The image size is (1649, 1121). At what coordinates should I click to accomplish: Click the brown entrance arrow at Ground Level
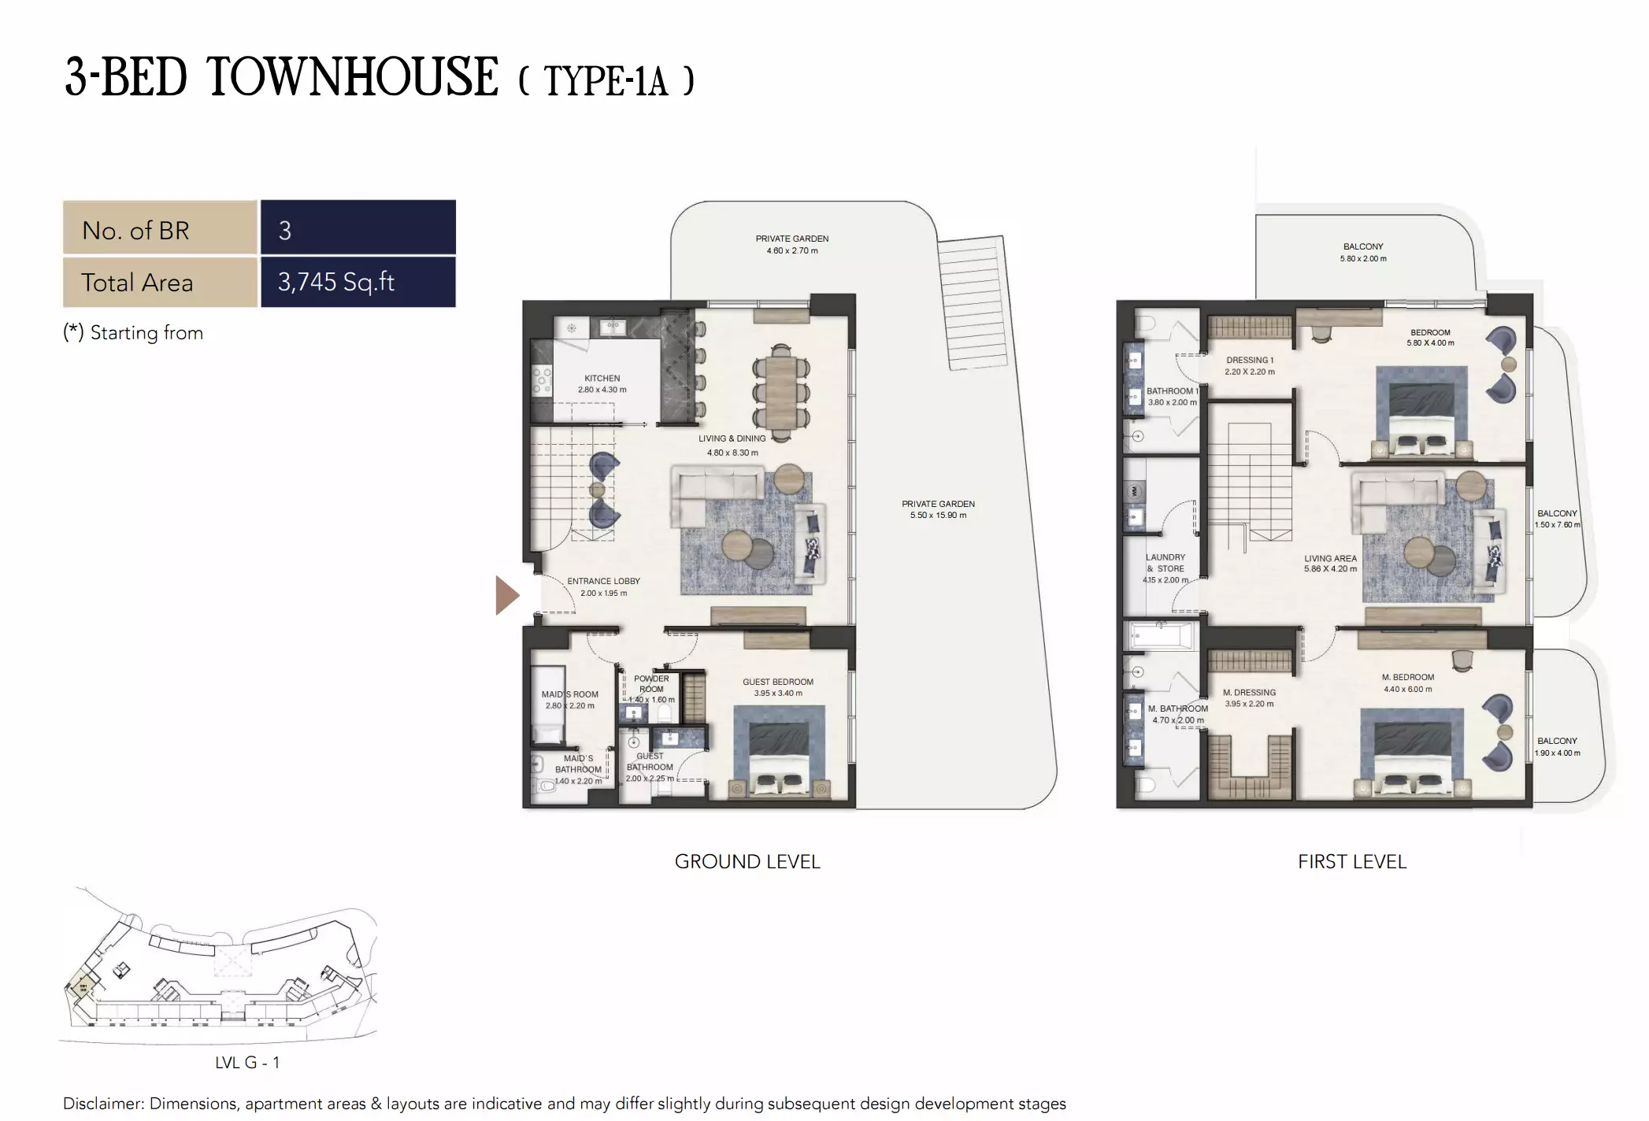point(506,594)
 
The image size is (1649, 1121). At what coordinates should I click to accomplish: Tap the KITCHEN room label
point(602,379)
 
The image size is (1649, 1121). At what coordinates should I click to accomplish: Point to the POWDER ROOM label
point(651,683)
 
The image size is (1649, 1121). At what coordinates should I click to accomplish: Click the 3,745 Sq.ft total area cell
point(358,282)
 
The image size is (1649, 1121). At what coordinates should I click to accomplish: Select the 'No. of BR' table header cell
point(160,230)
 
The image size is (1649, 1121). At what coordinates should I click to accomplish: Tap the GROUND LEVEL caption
point(747,861)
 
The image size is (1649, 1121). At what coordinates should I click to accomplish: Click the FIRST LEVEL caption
point(1351,861)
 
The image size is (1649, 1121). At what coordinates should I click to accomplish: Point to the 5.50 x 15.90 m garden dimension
point(938,516)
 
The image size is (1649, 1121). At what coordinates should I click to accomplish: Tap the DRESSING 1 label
point(1249,360)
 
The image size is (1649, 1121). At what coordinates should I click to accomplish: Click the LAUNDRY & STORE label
point(1165,562)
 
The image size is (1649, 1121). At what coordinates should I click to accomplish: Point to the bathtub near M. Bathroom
point(1160,636)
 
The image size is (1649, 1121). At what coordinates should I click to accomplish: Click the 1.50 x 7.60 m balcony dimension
point(1556,525)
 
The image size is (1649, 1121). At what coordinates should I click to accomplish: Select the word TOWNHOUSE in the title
point(352,78)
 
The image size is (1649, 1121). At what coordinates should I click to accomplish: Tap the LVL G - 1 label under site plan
point(247,1062)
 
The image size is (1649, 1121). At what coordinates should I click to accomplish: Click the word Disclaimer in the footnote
point(103,1104)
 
